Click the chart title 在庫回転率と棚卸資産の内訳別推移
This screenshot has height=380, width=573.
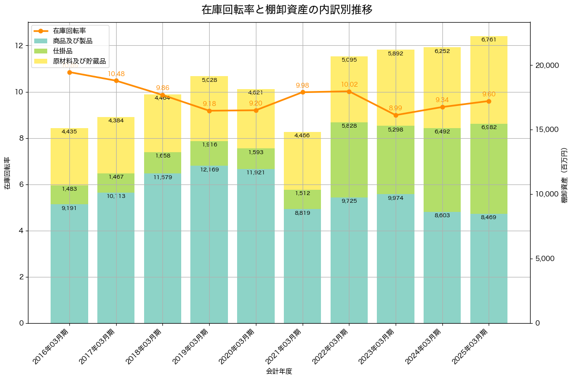286,10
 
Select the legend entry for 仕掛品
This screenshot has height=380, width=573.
63,51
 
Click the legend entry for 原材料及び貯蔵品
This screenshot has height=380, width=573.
79,62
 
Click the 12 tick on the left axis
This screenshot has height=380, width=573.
19,46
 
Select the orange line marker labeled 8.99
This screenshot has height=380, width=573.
396,115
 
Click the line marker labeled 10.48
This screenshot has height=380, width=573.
116,80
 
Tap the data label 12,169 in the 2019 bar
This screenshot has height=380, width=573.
209,170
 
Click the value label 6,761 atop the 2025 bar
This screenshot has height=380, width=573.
489,39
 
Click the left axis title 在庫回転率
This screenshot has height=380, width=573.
7,173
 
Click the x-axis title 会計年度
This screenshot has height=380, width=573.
279,371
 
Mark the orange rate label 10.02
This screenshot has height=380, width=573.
349,84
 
